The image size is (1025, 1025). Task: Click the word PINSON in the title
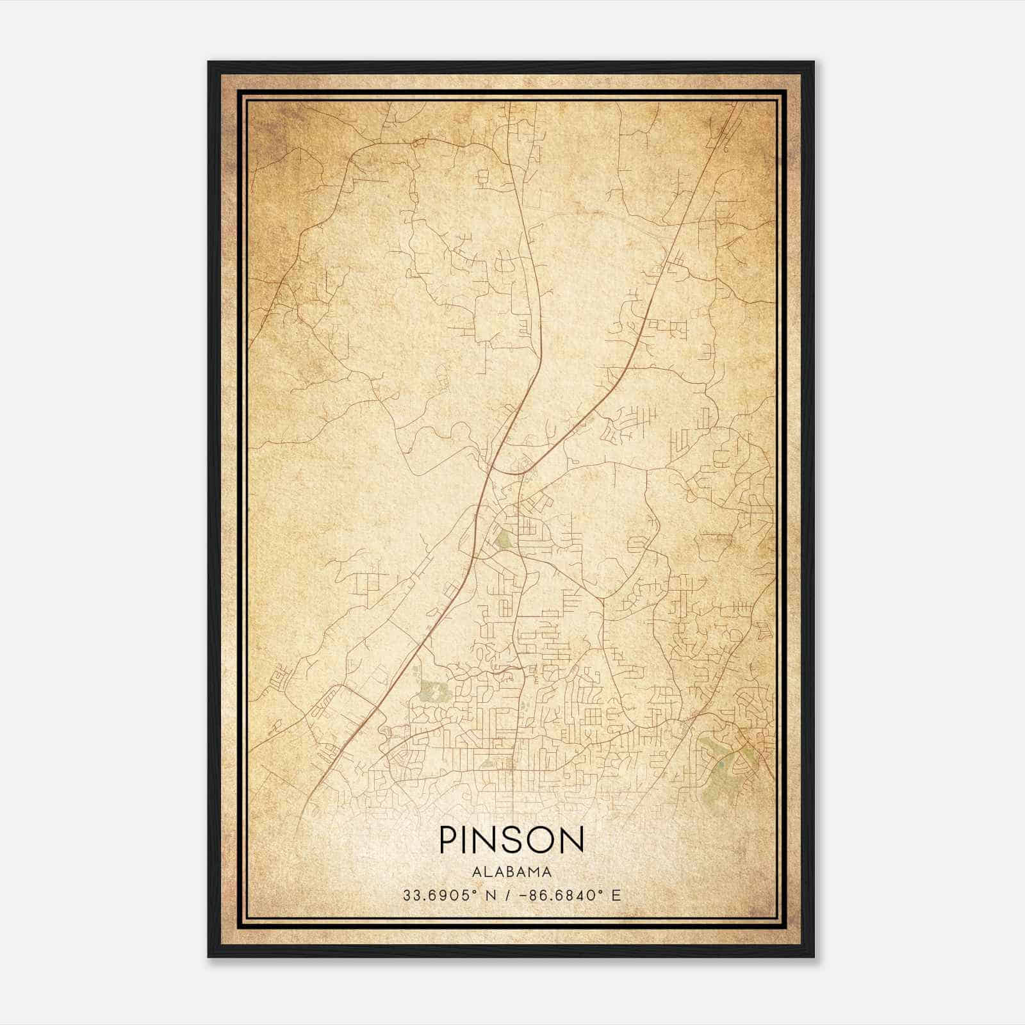511,840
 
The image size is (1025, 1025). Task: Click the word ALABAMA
511,871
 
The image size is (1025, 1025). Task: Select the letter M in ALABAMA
534,871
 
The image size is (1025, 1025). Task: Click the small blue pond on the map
721,764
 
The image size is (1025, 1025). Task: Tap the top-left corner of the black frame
209,63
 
